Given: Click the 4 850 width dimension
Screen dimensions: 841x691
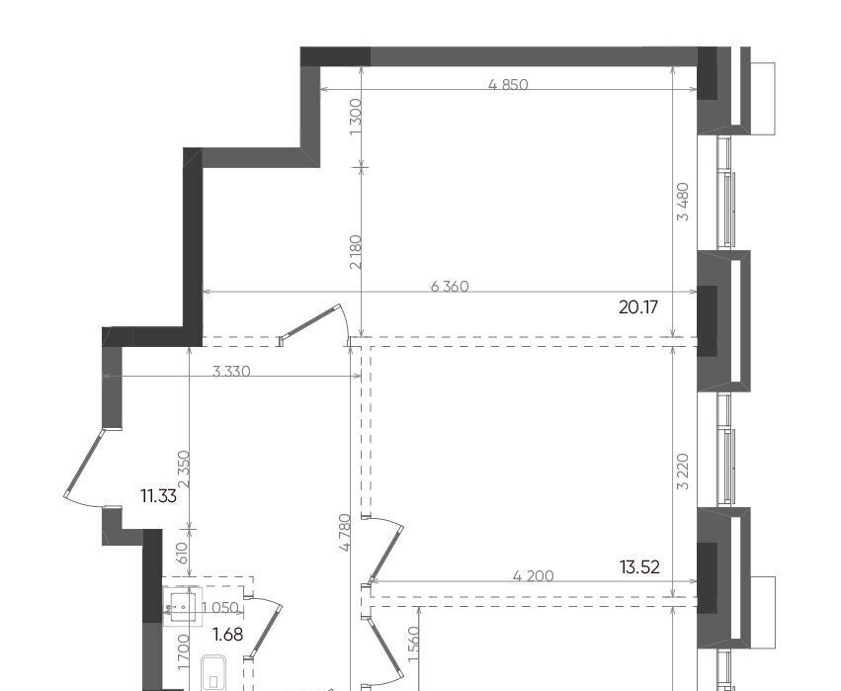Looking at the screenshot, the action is [x=508, y=85].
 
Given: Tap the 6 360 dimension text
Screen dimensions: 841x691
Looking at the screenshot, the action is [x=450, y=287].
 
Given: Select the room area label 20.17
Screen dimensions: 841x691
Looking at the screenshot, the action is [x=637, y=307].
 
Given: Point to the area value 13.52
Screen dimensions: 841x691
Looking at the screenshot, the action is [x=639, y=567].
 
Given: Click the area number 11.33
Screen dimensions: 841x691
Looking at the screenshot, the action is [x=158, y=496].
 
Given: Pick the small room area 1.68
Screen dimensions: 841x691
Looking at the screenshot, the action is [x=228, y=635].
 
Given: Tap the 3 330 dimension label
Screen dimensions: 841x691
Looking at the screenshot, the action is [x=231, y=372].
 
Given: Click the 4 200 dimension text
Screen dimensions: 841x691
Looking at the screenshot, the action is [x=533, y=576].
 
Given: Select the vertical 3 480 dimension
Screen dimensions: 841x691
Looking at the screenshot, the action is [x=683, y=202].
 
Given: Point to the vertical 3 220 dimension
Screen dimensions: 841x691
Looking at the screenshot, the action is [x=683, y=472].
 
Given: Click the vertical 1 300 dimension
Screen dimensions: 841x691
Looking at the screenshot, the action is [x=356, y=117].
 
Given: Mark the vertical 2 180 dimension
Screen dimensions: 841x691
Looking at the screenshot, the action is [x=356, y=252].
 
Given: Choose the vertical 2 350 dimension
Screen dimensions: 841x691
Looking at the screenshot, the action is [x=184, y=469].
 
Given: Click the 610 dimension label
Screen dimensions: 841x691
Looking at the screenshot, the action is [x=181, y=554].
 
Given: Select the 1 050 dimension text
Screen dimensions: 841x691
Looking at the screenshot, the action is [x=220, y=608].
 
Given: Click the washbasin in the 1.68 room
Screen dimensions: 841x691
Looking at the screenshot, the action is [x=183, y=607].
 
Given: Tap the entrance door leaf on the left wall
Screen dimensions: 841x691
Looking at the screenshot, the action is [x=83, y=463].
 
